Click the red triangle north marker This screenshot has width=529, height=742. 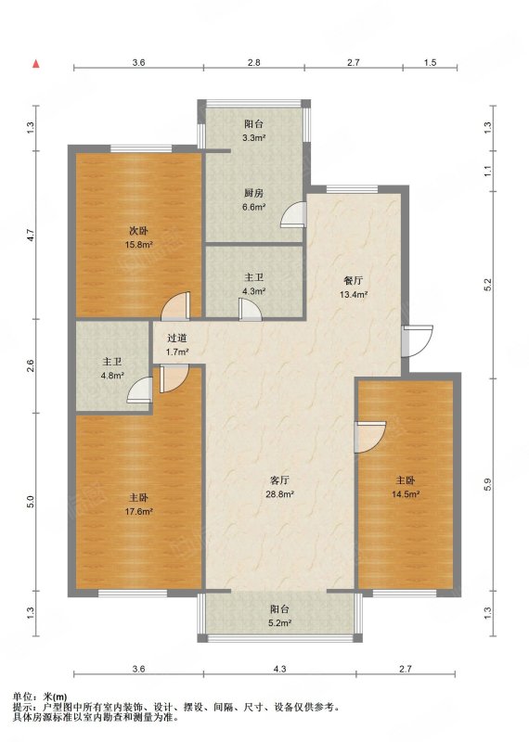[x=35, y=64]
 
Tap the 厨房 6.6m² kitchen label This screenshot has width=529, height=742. [x=254, y=199]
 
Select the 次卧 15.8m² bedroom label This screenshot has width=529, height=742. [x=141, y=237]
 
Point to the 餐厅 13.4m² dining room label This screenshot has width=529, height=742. [x=354, y=288]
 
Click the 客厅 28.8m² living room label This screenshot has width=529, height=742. [x=280, y=487]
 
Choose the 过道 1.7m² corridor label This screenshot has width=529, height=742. [x=177, y=345]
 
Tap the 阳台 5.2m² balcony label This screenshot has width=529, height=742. [x=279, y=616]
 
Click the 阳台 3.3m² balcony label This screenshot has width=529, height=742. [x=254, y=131]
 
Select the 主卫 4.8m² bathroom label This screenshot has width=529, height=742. [x=112, y=368]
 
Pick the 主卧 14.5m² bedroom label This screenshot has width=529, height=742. [x=406, y=487]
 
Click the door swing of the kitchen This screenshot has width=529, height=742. [x=293, y=214]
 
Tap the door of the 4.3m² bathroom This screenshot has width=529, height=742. [x=250, y=311]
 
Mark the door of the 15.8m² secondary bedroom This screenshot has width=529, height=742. [x=175, y=306]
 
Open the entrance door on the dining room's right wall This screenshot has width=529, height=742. [x=418, y=340]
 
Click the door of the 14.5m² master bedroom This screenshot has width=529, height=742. [x=370, y=437]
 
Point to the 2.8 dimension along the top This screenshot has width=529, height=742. [x=254, y=62]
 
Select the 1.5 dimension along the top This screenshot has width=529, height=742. [x=430, y=62]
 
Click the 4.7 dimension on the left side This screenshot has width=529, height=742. [x=31, y=235]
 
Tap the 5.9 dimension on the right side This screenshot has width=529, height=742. [x=488, y=484]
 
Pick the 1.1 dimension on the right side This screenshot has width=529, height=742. [x=488, y=171]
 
